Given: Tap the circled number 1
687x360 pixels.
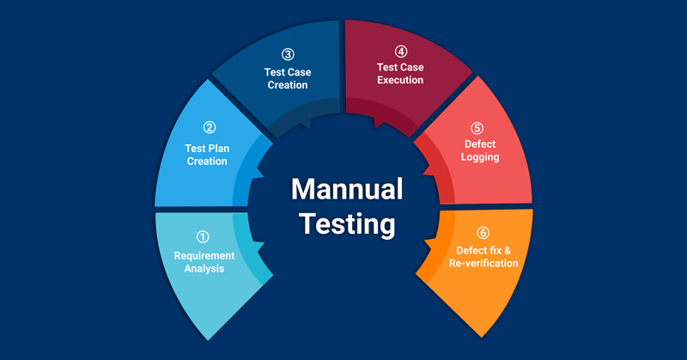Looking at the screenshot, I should coord(203,237).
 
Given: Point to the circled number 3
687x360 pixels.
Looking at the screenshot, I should coord(287,53).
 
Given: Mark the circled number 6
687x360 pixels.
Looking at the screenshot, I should coord(483,232).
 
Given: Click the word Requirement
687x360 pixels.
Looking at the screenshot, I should coord(204,255).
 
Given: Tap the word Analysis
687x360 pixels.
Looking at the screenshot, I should coord(204,269).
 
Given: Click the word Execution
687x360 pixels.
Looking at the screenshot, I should coord(400,80).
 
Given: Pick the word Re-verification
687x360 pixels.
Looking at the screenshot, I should coord(483,263).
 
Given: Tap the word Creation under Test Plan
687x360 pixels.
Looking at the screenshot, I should coord(207,162).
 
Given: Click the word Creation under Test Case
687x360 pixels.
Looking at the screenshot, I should coord(287,85).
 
